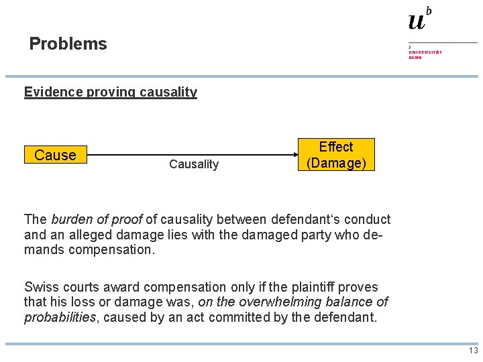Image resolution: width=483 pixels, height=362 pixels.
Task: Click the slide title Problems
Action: (68, 44)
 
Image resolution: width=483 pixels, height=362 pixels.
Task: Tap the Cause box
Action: (55, 155)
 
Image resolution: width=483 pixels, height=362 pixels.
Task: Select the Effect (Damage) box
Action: (336, 155)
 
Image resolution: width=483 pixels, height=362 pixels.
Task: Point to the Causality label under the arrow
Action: (194, 164)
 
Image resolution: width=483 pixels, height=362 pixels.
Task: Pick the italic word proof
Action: (127, 219)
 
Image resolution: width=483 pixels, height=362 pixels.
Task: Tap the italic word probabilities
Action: (60, 317)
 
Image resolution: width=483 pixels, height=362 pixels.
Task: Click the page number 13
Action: (473, 351)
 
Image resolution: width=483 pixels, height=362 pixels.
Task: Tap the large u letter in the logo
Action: (417, 21)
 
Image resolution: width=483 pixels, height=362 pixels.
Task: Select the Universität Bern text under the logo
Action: (425, 54)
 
